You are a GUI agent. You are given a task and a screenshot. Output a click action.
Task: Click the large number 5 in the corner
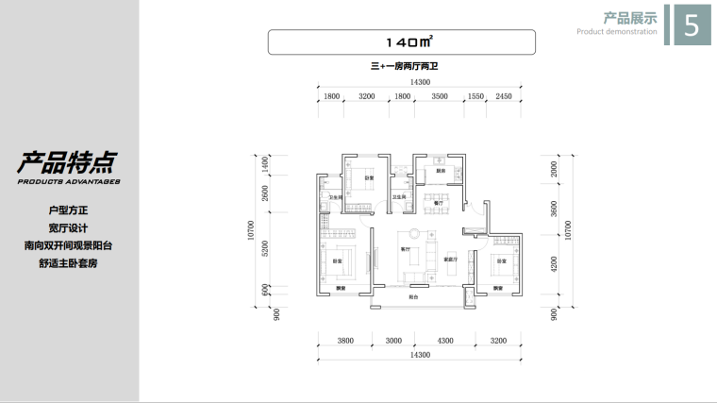(691, 25)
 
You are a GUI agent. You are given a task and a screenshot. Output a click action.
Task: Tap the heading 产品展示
(630, 17)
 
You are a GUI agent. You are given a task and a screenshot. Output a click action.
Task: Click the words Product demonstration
(617, 31)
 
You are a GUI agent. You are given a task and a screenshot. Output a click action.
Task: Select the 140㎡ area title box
(402, 42)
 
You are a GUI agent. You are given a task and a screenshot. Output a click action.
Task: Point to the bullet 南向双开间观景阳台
(69, 245)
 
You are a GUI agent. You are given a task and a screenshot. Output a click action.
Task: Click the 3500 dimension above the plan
(440, 97)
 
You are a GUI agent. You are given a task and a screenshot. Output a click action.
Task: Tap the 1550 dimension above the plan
(475, 97)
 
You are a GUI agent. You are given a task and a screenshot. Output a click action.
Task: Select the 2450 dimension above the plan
(503, 97)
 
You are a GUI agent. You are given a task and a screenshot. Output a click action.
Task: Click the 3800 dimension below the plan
(345, 341)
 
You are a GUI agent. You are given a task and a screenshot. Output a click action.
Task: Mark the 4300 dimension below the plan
(444, 341)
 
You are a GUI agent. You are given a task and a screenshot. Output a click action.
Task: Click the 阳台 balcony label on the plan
(413, 296)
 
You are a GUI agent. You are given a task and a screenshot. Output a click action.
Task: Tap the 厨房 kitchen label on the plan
(427, 172)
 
